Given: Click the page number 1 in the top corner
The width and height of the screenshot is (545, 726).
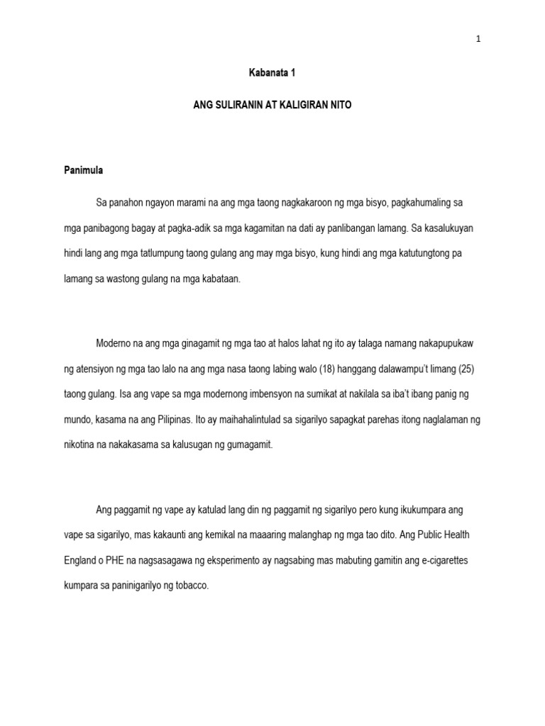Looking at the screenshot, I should tap(478, 40).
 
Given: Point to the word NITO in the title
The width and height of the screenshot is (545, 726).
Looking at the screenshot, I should tap(341, 104).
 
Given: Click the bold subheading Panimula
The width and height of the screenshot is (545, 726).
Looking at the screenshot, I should tap(84, 170).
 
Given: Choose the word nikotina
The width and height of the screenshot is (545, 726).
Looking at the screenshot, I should tap(79, 445).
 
